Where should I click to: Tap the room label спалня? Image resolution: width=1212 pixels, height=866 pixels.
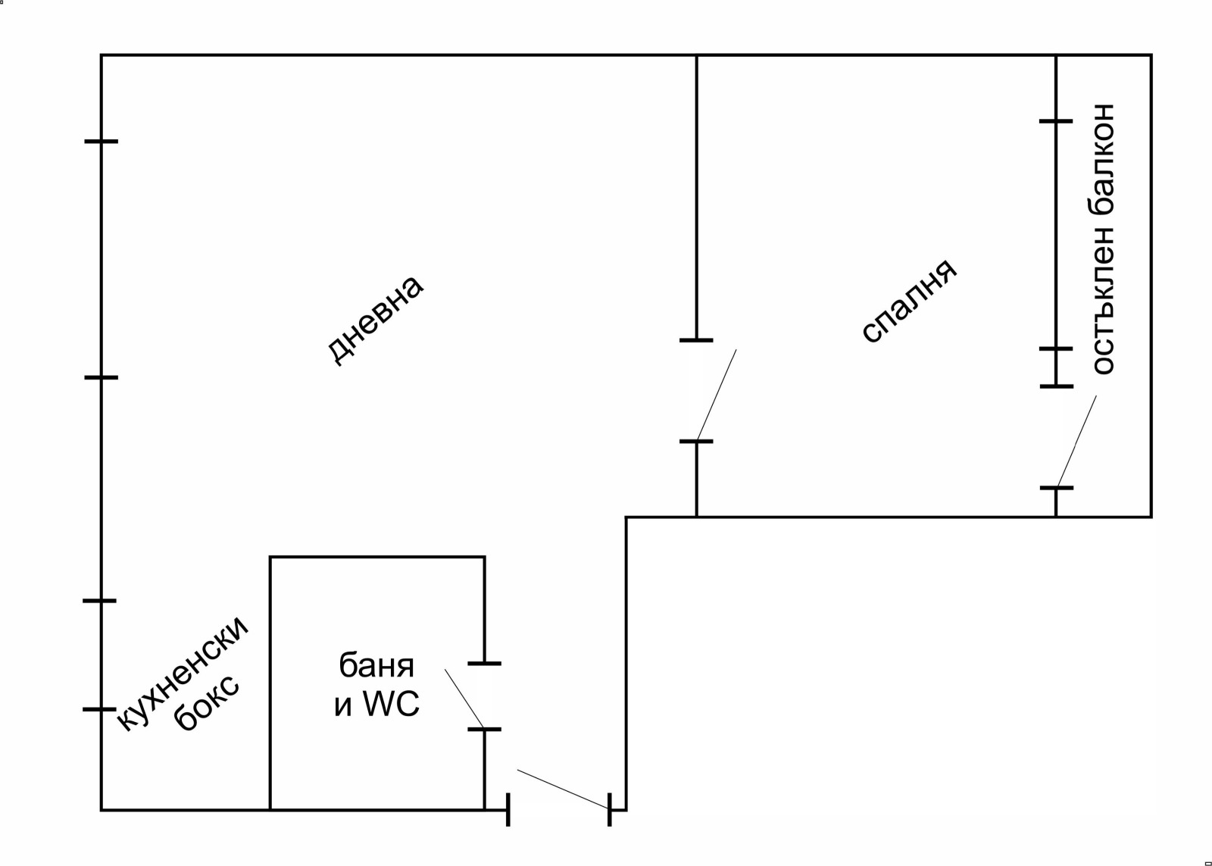pyautogui.click(x=909, y=301)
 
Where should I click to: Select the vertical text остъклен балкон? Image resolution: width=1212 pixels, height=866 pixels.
pyautogui.click(x=1104, y=239)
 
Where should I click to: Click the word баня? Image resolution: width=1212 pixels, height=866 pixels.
pyautogui.click(x=376, y=666)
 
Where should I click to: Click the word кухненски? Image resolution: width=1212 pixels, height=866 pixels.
pyautogui.click(x=182, y=673)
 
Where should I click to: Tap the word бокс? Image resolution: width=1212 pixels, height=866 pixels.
pyautogui.click(x=207, y=704)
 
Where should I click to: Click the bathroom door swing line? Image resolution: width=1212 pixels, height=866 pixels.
pyautogui.click(x=465, y=699)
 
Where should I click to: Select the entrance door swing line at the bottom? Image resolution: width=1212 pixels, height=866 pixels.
pyautogui.click(x=564, y=789)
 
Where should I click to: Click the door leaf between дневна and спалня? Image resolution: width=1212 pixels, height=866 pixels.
pyautogui.click(x=717, y=395)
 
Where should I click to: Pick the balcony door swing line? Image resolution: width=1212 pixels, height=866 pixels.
pyautogui.click(x=1076, y=442)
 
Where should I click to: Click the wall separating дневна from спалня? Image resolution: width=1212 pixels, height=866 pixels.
pyautogui.click(x=696, y=198)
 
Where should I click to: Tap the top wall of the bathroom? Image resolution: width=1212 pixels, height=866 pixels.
pyautogui.click(x=377, y=556)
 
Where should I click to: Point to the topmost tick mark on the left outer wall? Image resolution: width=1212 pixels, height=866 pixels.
pyautogui.click(x=102, y=142)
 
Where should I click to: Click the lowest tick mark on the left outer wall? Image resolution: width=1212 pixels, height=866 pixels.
pyautogui.click(x=99, y=709)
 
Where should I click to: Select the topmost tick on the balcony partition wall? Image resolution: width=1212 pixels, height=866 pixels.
pyautogui.click(x=1056, y=121)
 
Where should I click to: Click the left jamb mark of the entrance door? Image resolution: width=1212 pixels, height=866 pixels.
pyautogui.click(x=508, y=810)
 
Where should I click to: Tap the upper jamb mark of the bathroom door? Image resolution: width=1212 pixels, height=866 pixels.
pyautogui.click(x=484, y=664)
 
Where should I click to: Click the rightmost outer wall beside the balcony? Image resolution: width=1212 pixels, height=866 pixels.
pyautogui.click(x=1151, y=286)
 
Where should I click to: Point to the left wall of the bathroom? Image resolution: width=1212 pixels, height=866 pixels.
pyautogui.click(x=270, y=683)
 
